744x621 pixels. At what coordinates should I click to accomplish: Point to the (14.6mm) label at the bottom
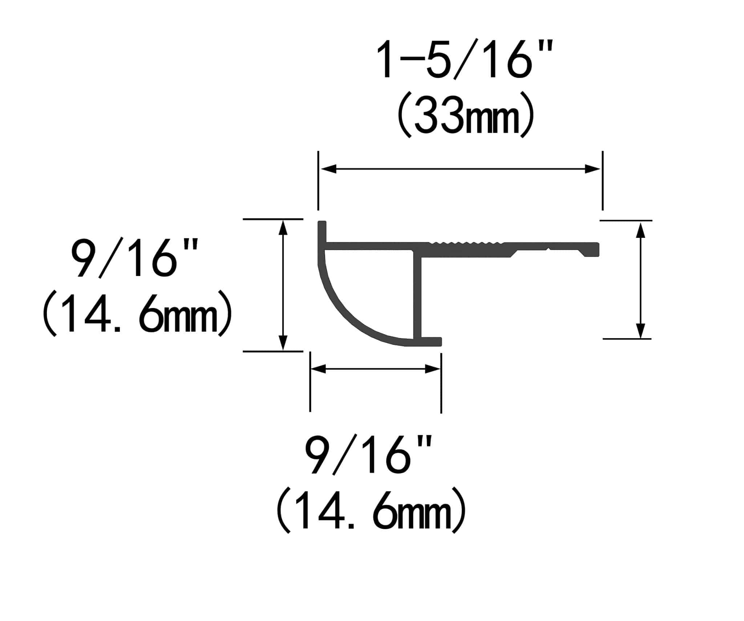[x=371, y=510]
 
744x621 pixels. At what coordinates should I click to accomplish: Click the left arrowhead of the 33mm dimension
[x=328, y=169]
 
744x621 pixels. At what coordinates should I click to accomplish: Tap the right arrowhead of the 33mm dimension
[x=593, y=169]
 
